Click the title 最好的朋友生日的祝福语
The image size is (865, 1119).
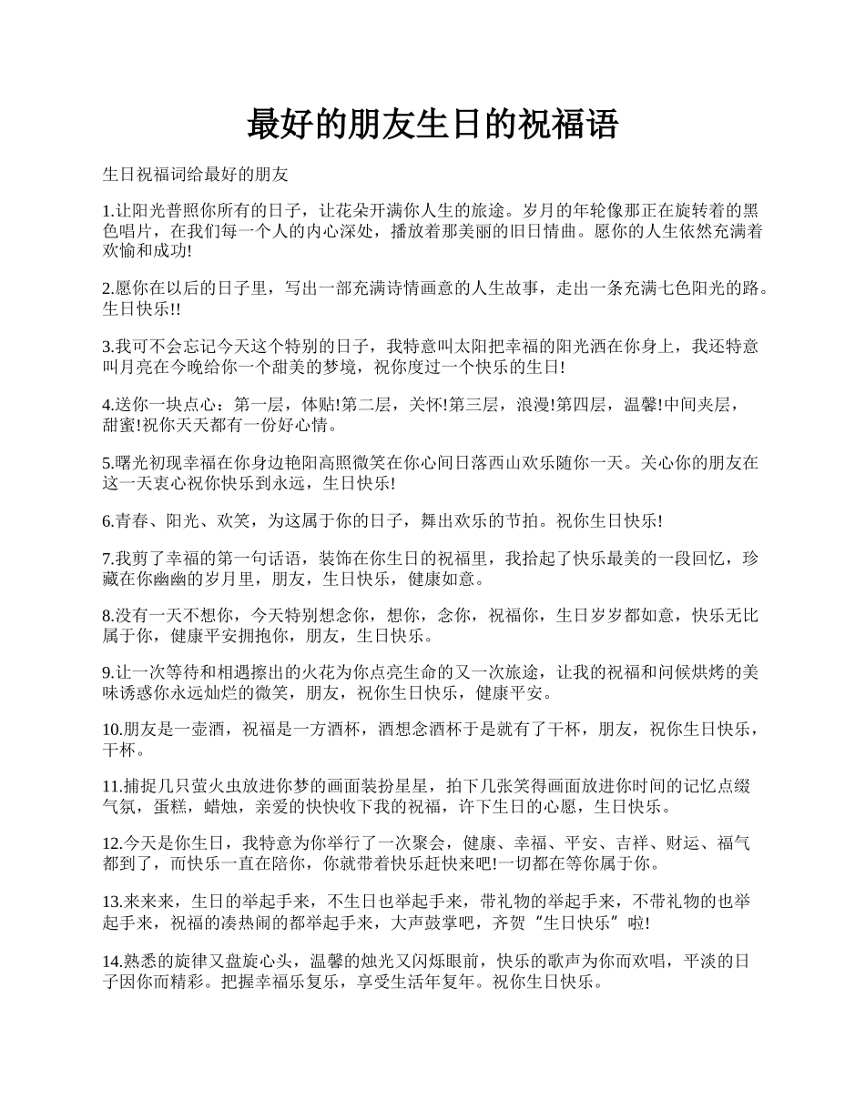[432, 125]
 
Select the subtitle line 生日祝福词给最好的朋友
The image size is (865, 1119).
[196, 172]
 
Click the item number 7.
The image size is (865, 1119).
[108, 558]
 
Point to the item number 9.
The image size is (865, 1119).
[108, 673]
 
